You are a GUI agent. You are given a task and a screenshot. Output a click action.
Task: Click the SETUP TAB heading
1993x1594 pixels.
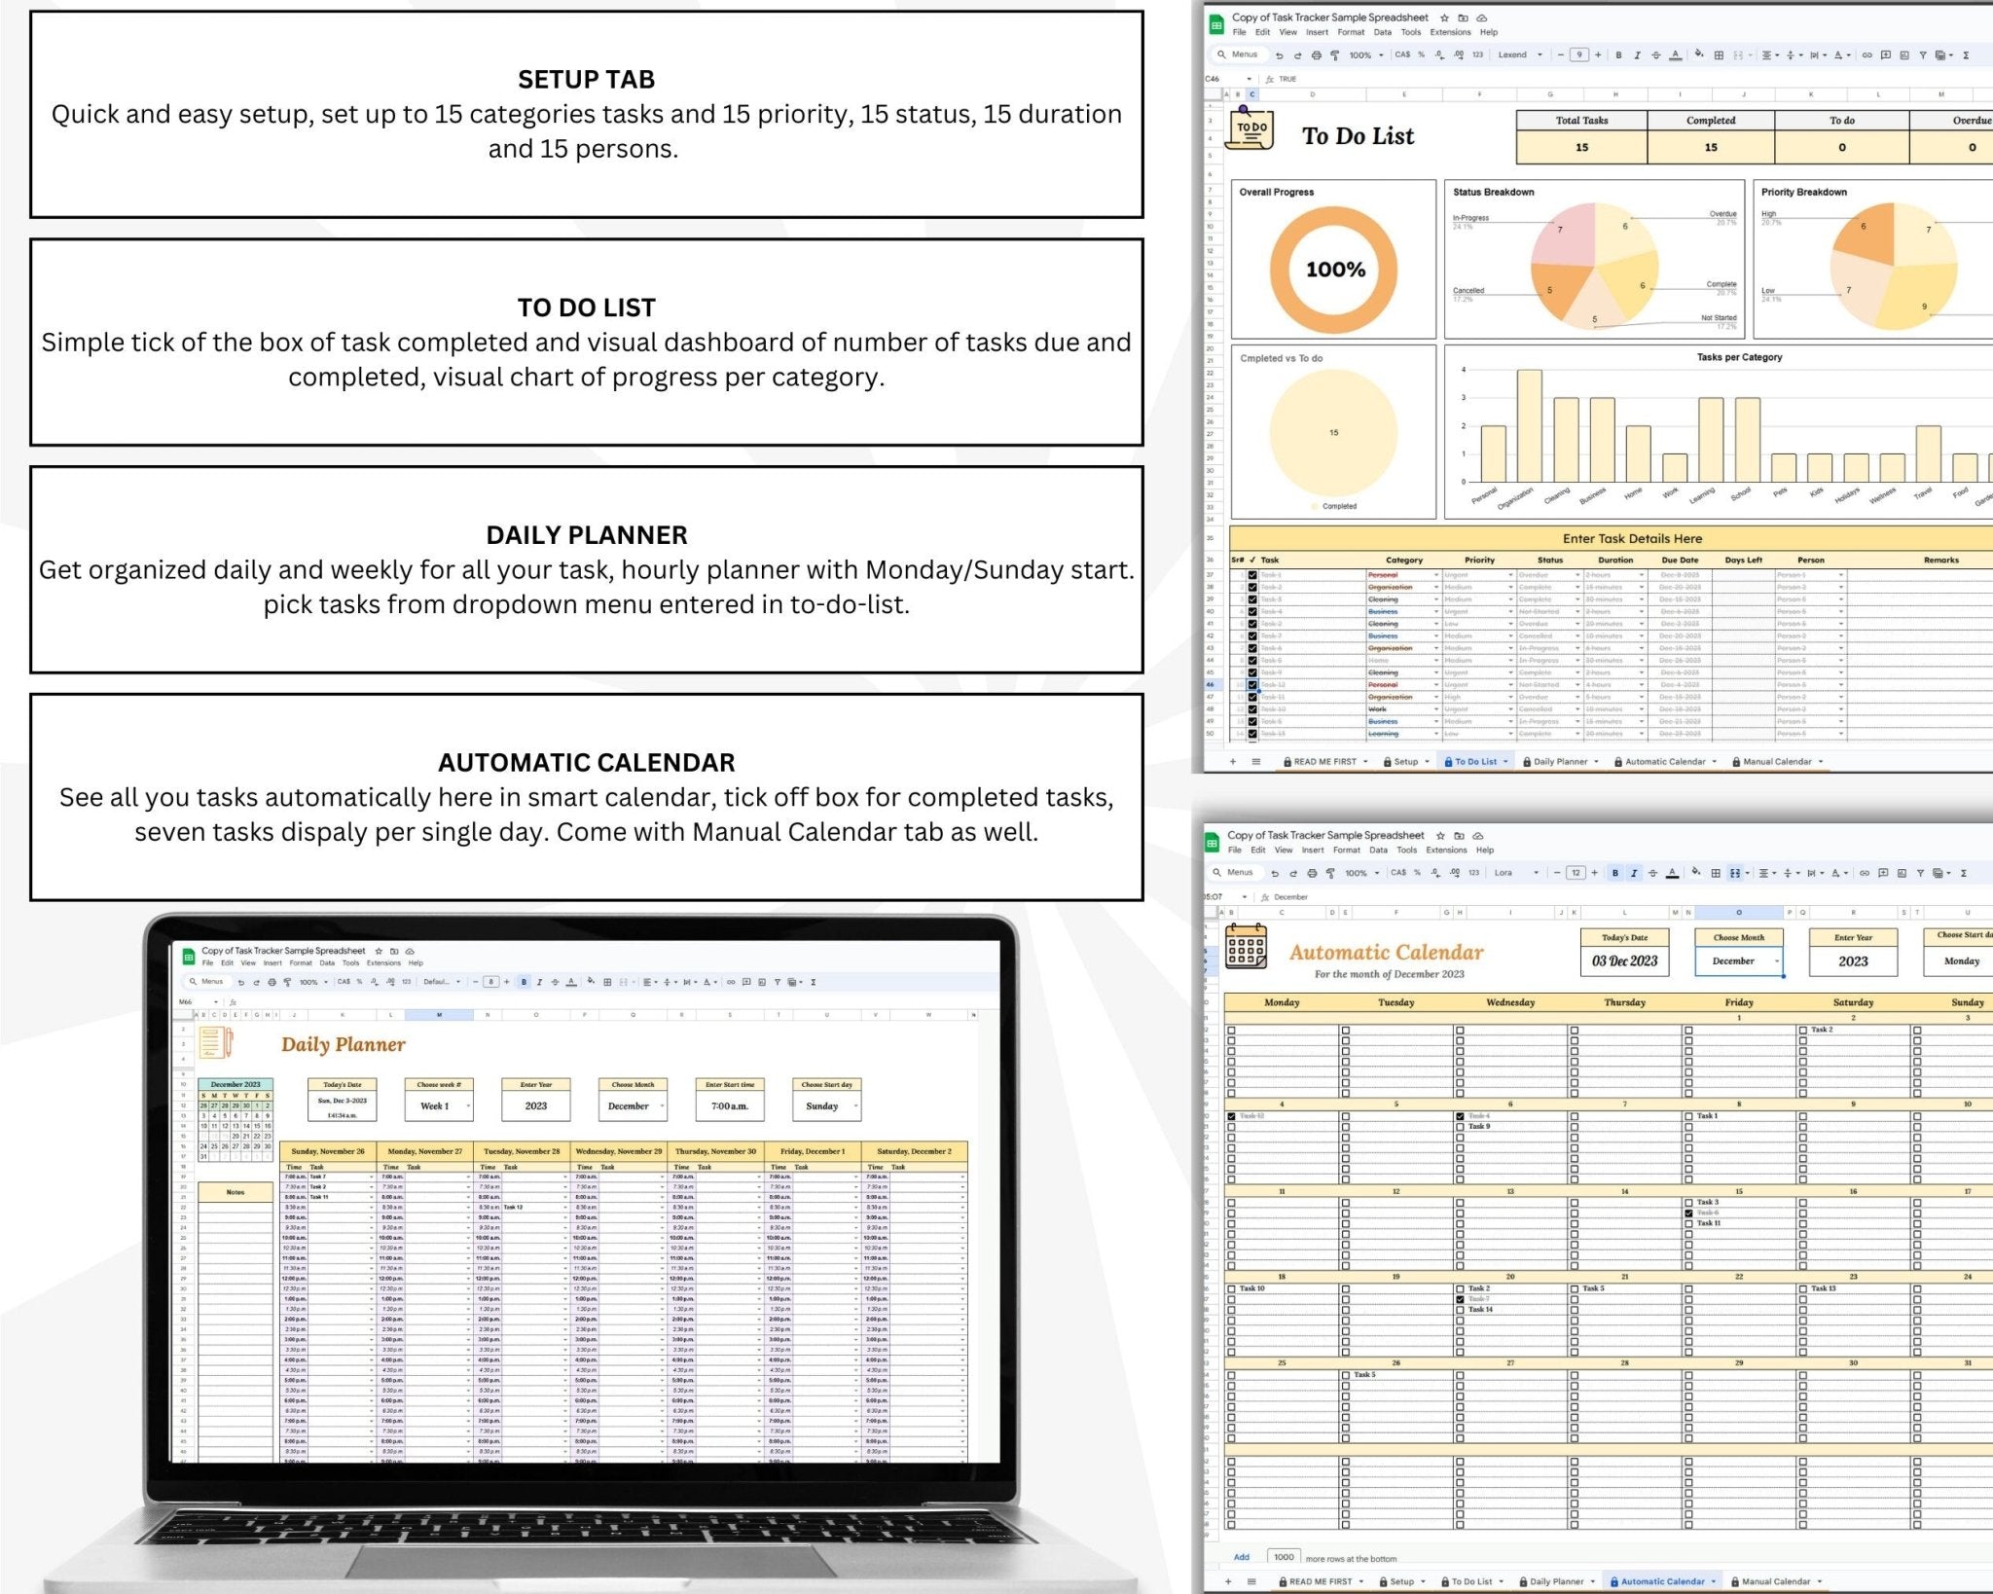586,80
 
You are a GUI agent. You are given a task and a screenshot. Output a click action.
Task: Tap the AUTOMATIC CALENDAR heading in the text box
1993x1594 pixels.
586,763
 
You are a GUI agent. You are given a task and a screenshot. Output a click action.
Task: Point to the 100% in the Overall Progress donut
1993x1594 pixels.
1335,270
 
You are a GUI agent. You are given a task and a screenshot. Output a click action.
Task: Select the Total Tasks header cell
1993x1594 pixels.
1581,121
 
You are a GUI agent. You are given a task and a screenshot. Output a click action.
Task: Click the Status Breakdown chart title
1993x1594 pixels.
1493,193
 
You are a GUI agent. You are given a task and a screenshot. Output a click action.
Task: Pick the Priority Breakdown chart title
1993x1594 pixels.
1803,193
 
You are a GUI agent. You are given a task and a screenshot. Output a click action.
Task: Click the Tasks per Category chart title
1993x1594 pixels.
1739,357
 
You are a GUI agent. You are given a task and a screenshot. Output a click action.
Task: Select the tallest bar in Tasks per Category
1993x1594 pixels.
1529,425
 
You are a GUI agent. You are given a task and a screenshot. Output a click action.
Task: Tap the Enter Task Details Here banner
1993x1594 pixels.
1632,538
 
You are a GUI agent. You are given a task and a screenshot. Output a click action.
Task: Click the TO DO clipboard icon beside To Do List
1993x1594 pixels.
1250,130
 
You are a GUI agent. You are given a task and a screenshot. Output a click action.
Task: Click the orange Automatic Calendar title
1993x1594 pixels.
1386,953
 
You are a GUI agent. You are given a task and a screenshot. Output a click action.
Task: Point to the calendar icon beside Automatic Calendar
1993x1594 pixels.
1246,947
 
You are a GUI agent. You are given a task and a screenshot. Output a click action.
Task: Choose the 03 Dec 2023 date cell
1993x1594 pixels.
1624,961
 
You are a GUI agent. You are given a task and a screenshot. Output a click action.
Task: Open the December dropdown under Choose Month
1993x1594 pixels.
1738,961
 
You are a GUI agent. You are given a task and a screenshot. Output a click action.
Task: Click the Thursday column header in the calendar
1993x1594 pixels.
1624,1002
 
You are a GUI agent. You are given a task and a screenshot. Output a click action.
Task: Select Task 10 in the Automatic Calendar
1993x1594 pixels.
1252,1288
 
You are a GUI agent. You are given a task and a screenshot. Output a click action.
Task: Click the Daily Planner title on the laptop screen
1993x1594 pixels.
343,1045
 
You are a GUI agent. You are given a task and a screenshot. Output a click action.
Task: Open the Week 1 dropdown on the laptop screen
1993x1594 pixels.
438,1106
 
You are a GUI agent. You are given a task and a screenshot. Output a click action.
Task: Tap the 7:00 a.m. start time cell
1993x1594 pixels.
729,1106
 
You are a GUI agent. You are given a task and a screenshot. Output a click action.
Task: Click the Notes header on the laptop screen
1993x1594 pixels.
235,1192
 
